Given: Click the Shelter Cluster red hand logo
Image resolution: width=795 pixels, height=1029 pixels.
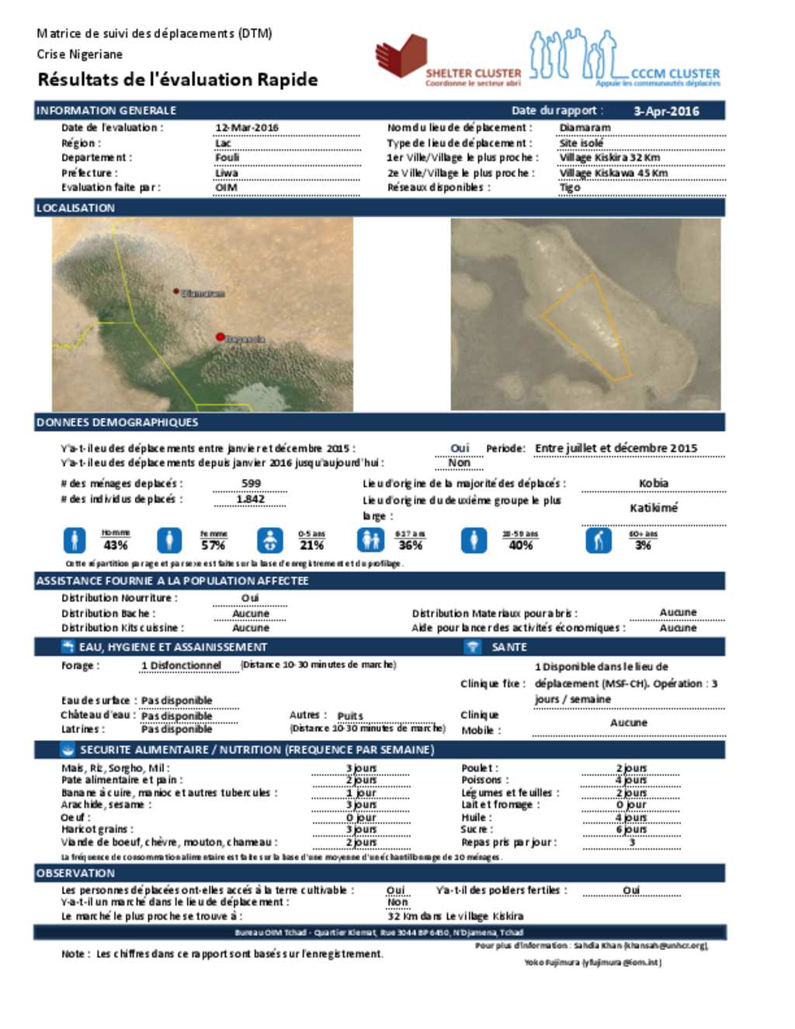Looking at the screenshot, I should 401,56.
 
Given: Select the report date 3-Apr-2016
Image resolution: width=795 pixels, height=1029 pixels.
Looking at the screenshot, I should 666,111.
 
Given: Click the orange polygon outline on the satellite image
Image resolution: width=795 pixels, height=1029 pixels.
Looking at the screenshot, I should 586,326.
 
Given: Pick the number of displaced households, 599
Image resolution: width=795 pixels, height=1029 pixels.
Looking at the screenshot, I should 252,483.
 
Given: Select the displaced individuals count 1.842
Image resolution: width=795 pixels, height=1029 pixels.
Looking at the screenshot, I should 250,499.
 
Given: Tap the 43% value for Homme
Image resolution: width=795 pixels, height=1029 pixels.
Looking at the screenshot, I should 116,545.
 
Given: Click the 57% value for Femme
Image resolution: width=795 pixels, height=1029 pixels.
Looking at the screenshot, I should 213,545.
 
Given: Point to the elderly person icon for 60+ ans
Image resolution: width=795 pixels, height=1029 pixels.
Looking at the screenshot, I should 598,540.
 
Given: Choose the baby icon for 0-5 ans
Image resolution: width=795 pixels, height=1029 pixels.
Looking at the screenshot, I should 269,540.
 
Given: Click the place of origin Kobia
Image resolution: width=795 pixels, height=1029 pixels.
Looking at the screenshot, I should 653,483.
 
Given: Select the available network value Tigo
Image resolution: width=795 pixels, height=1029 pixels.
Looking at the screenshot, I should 570,187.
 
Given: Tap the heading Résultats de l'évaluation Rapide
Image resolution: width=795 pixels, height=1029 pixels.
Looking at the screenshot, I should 178,79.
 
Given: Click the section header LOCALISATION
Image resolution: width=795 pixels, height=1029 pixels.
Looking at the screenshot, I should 75,208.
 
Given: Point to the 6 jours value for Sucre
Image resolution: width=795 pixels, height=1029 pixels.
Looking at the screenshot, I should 631,829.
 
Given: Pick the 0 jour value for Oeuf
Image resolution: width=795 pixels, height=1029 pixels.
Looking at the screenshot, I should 361,817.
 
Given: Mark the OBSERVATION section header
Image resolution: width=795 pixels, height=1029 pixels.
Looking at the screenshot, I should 75,873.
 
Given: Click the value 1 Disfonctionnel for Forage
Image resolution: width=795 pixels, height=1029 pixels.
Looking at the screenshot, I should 181,666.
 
